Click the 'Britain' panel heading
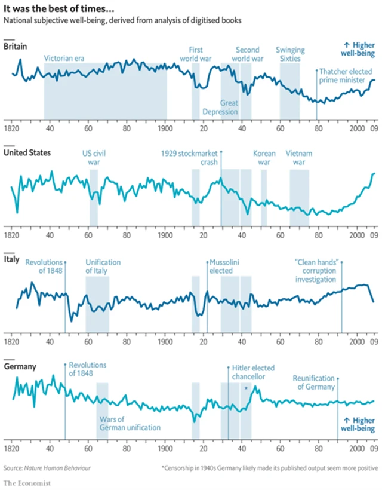(16, 47)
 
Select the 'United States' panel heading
(27, 152)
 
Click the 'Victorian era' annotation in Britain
(64, 58)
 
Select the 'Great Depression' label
(221, 107)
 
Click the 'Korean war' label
(264, 157)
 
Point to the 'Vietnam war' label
(299, 157)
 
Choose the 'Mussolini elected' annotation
(224, 267)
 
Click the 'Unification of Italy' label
(103, 267)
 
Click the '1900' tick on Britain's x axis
(165, 128)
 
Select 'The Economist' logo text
(27, 482)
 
